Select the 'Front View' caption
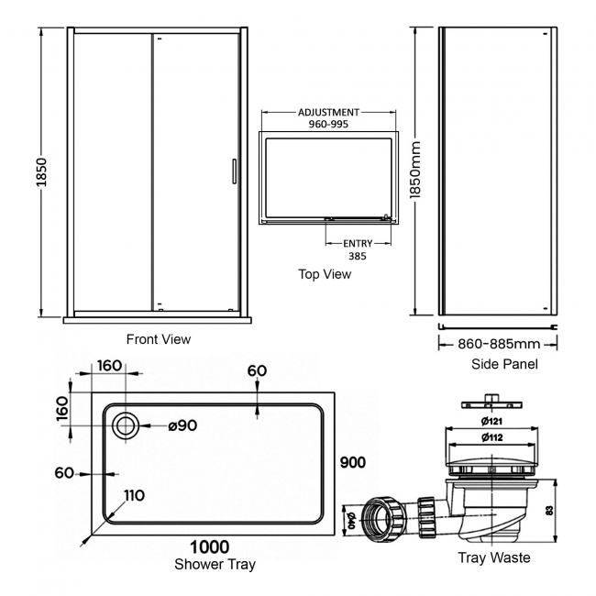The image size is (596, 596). [159, 339]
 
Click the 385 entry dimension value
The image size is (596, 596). [358, 257]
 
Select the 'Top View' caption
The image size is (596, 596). [325, 274]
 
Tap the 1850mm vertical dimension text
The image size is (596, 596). [416, 178]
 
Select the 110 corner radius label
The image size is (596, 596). [134, 496]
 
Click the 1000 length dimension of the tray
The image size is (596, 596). [210, 547]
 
